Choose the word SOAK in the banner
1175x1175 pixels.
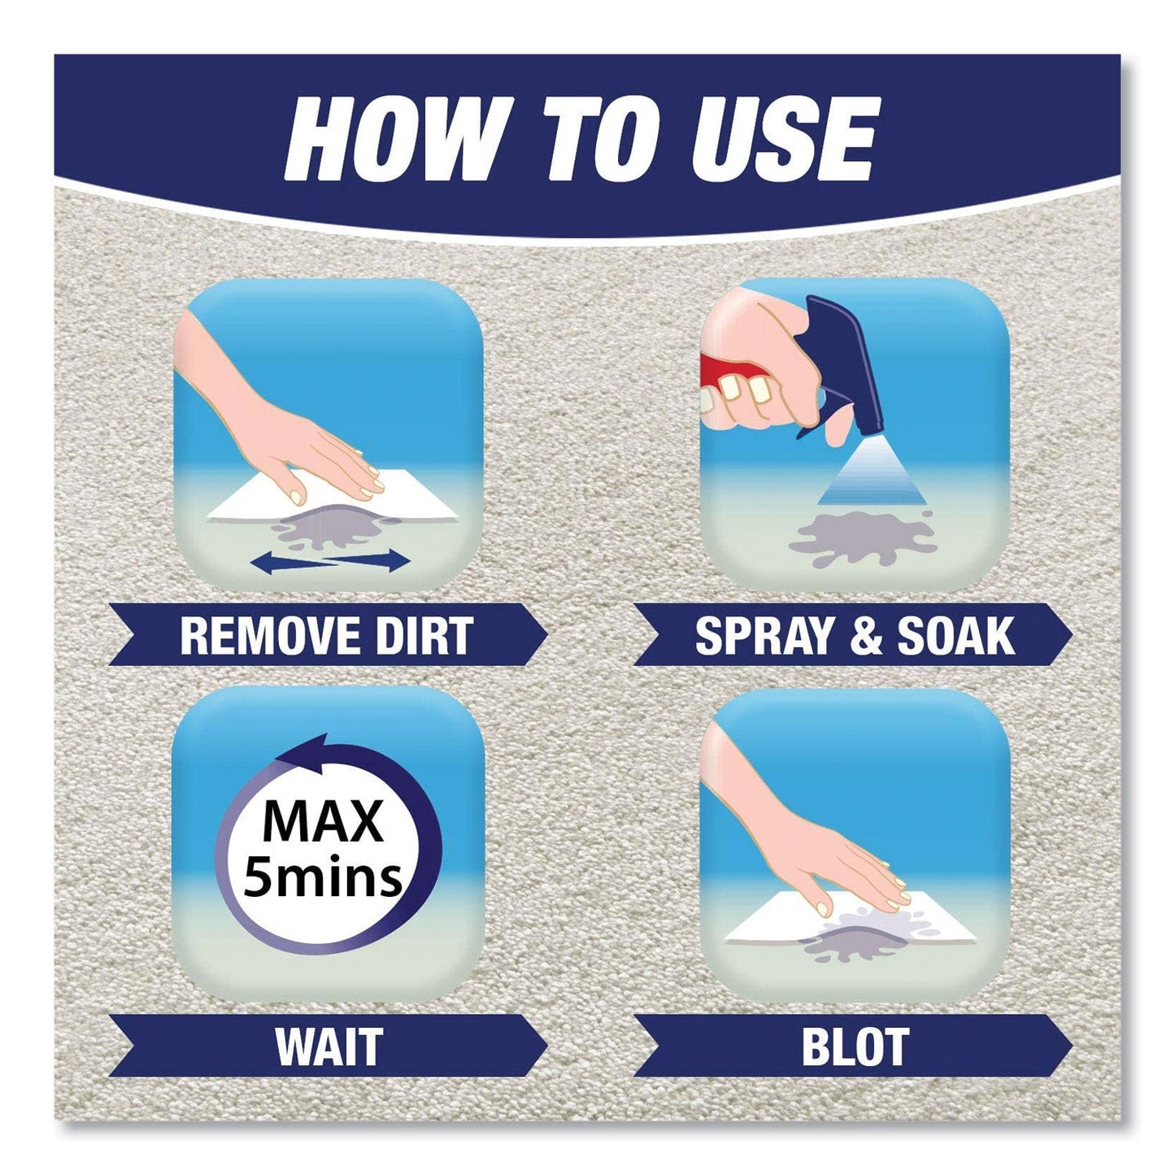click(x=955, y=636)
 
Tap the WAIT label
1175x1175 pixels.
click(x=329, y=1047)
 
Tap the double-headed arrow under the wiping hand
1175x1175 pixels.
click(x=329, y=562)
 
